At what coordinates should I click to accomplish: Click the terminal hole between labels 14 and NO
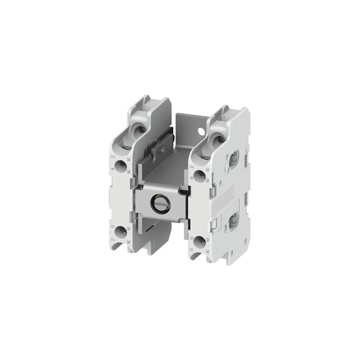coord(121,166)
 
